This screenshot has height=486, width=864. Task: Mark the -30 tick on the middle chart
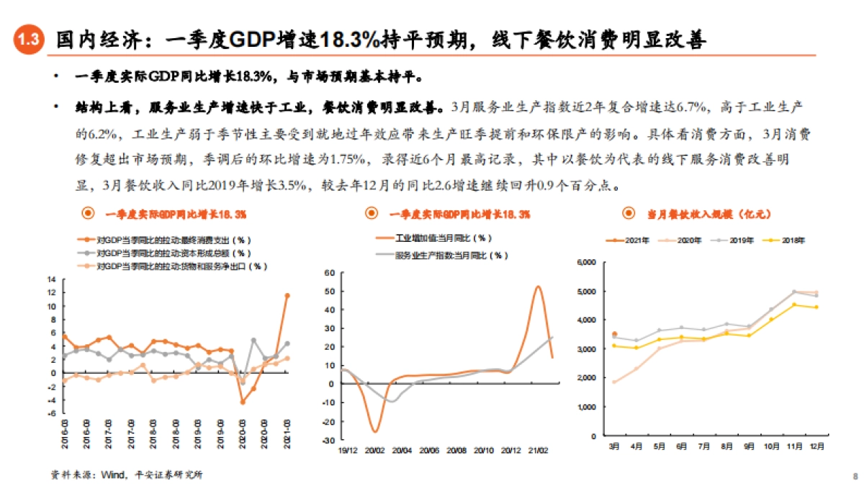[330, 440]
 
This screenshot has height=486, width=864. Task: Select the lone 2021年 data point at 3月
[614, 334]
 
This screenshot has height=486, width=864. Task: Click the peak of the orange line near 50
[538, 287]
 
